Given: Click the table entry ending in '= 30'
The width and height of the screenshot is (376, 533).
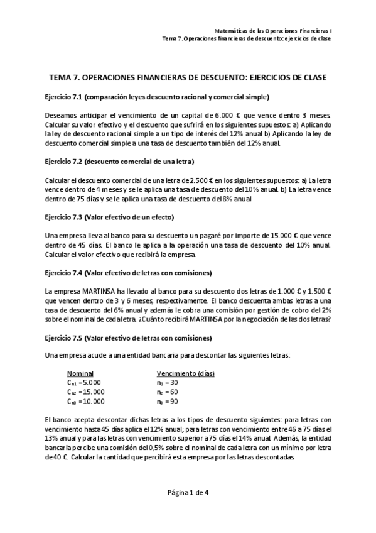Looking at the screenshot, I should point(167,382).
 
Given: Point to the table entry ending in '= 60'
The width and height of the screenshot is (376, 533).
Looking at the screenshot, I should point(167,392).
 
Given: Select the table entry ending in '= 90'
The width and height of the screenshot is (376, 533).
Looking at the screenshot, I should point(167,401).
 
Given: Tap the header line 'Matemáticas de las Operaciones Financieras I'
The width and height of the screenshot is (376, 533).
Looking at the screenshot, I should point(272,30).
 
